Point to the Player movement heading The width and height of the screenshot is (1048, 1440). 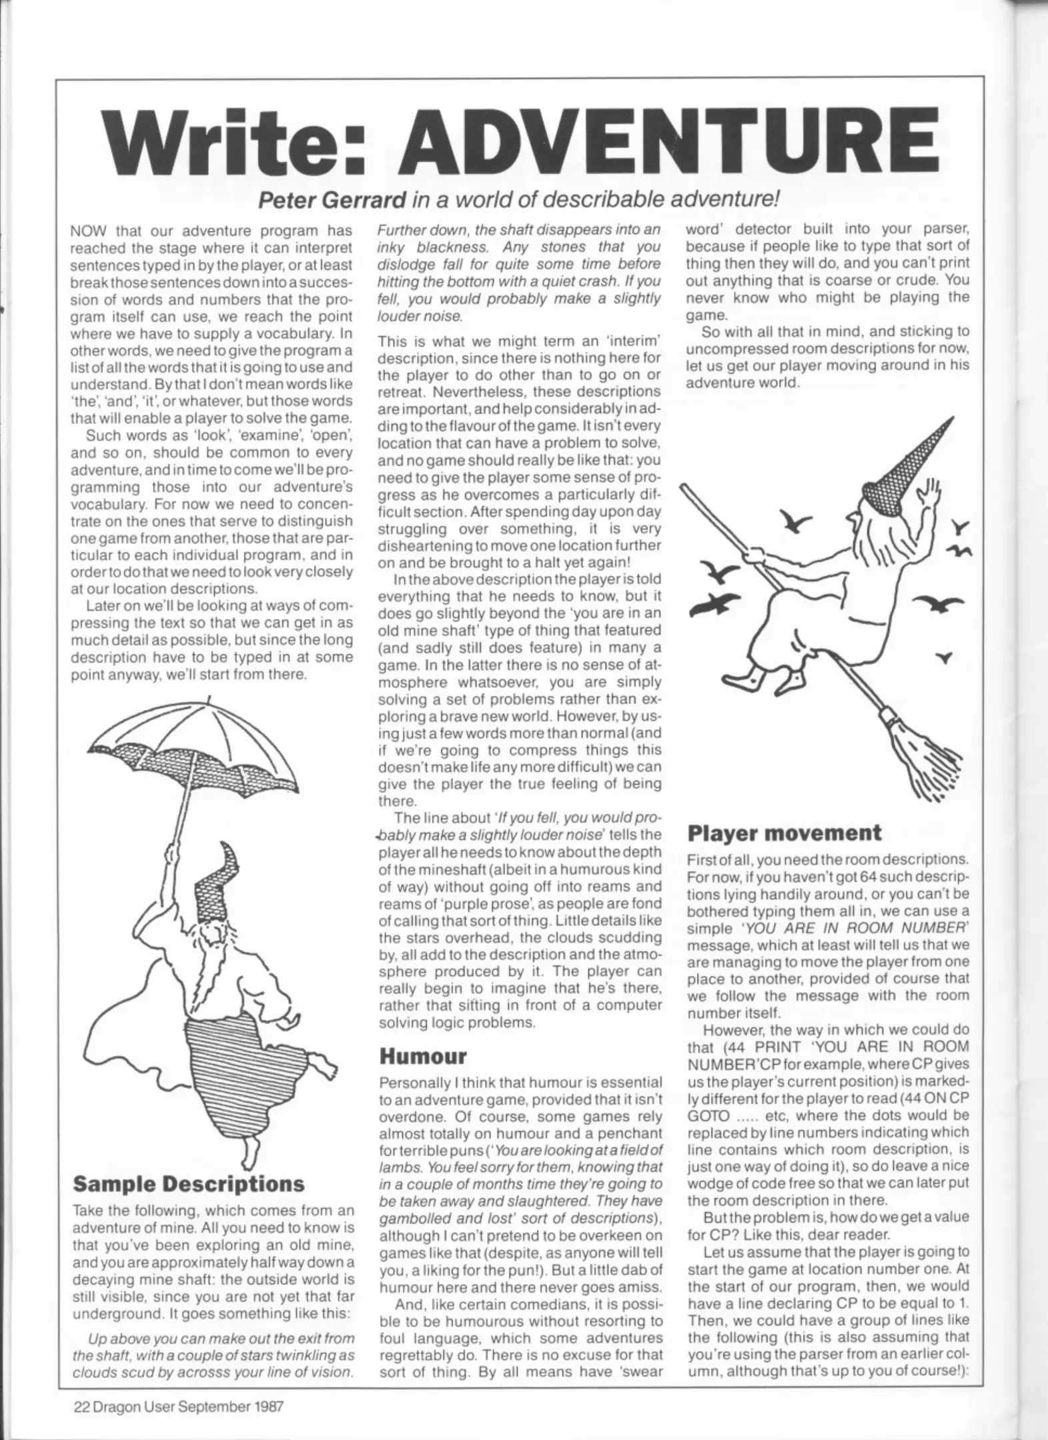(784, 833)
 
